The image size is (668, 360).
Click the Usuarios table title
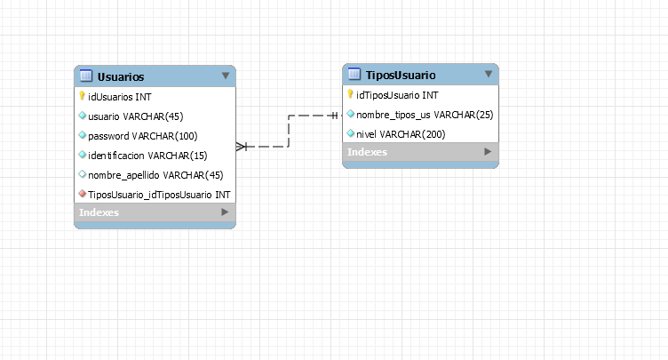pos(120,76)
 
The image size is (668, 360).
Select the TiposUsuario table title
pos(401,75)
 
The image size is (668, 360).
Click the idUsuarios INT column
pos(119,96)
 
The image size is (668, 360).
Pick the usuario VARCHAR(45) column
pos(135,116)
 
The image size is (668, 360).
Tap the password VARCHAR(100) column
pos(142,135)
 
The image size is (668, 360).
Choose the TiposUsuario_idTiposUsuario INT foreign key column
pos(160,194)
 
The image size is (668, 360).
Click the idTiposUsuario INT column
pos(396,95)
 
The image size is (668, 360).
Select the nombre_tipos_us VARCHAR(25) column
pos(424,115)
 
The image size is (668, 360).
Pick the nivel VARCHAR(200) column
pos(401,134)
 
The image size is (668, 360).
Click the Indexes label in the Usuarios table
pos(99,212)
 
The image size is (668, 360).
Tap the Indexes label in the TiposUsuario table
pos(367,152)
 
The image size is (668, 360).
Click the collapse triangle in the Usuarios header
pos(225,76)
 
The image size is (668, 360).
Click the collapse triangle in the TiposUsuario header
pos(488,74)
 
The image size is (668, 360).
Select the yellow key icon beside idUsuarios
pos(82,96)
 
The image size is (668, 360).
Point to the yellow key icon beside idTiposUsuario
pos(350,95)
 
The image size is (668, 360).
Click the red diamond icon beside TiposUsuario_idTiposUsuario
pos(82,194)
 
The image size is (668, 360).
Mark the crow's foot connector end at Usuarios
pos(242,147)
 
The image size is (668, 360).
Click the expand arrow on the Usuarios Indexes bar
pos(225,212)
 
